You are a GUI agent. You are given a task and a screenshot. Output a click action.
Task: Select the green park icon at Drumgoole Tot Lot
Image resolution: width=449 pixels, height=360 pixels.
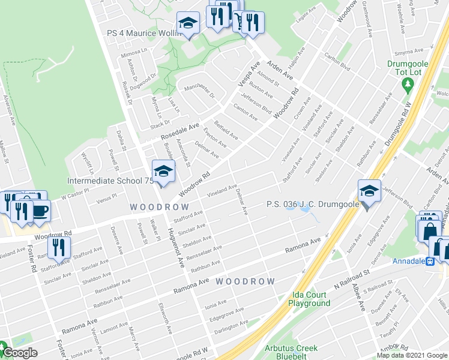click(x=409, y=83)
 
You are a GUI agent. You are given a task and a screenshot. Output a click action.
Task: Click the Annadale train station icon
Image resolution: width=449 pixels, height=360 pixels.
click(x=430, y=261)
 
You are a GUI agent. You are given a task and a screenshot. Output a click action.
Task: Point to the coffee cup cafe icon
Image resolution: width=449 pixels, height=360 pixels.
click(x=40, y=211)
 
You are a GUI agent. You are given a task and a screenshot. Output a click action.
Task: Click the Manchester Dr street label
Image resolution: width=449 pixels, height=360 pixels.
click(x=199, y=91)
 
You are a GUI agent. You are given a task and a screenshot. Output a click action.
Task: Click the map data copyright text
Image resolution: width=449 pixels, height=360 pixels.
click(x=412, y=355)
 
